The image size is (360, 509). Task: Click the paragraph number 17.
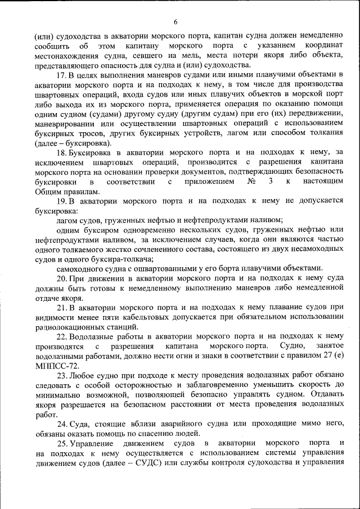[62, 74]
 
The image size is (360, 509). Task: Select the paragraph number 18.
[62, 152]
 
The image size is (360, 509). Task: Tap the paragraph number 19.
[62, 201]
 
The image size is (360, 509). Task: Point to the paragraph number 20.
[62, 278]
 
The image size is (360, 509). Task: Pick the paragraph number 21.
[62, 307]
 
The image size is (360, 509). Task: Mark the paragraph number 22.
[62, 336]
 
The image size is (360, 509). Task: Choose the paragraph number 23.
[62, 375]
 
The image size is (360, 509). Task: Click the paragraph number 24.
[62, 424]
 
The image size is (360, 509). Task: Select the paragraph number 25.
[62, 443]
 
